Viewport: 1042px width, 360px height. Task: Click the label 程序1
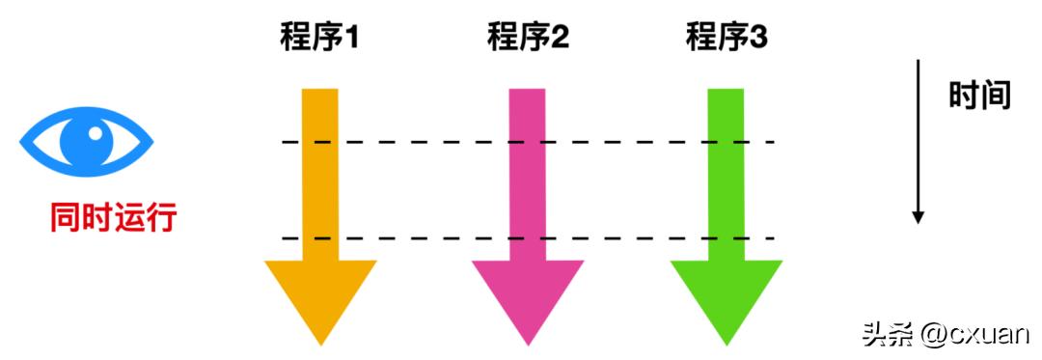coord(319,40)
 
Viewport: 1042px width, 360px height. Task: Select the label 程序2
coord(528,40)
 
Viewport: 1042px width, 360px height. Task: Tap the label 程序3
coord(727,40)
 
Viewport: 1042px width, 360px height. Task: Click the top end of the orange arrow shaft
coord(320,93)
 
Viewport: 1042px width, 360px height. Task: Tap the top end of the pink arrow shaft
coord(527,93)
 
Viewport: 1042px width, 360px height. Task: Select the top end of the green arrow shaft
coord(727,93)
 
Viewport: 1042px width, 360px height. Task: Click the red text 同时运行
coord(113,218)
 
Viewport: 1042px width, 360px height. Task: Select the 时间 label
coord(978,96)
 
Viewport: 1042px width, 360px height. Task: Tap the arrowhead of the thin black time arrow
coord(919,217)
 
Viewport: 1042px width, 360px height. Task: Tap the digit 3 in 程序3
coord(757,40)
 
